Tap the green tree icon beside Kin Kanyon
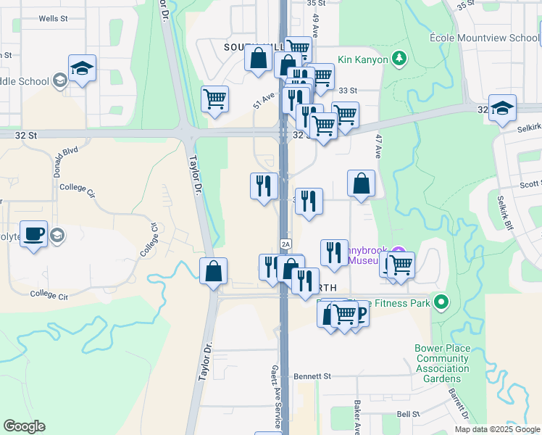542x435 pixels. pyautogui.click(x=397, y=57)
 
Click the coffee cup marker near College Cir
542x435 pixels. pyautogui.click(x=33, y=235)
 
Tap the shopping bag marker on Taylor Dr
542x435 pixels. pyautogui.click(x=214, y=273)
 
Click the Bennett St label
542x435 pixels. pyautogui.click(x=312, y=376)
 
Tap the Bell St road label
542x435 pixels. pyautogui.click(x=409, y=414)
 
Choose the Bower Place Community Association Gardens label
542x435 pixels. pyautogui.click(x=442, y=363)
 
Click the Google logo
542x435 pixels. pyautogui.click(x=24, y=426)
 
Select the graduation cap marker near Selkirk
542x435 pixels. pyautogui.click(x=502, y=109)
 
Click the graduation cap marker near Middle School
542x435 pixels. pyautogui.click(x=82, y=69)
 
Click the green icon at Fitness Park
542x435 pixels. pyautogui.click(x=441, y=302)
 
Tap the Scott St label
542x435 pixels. pyautogui.click(x=530, y=185)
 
